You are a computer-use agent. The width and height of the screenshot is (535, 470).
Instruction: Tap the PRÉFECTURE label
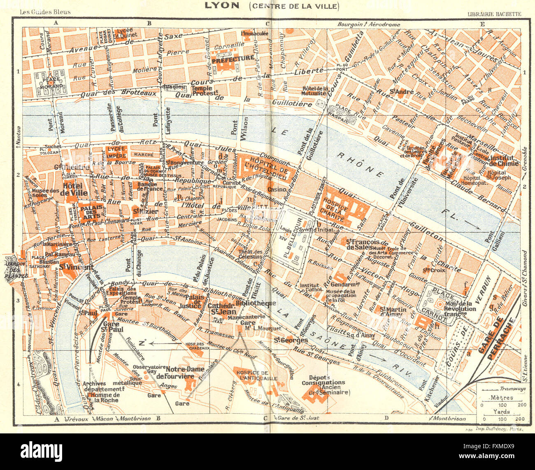233,58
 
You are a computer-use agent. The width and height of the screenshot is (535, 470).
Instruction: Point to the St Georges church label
291,340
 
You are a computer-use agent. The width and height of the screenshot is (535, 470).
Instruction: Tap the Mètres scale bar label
502,398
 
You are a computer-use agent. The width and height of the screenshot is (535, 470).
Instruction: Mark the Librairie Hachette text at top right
494,14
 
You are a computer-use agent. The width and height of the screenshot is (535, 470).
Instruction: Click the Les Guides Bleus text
45,12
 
